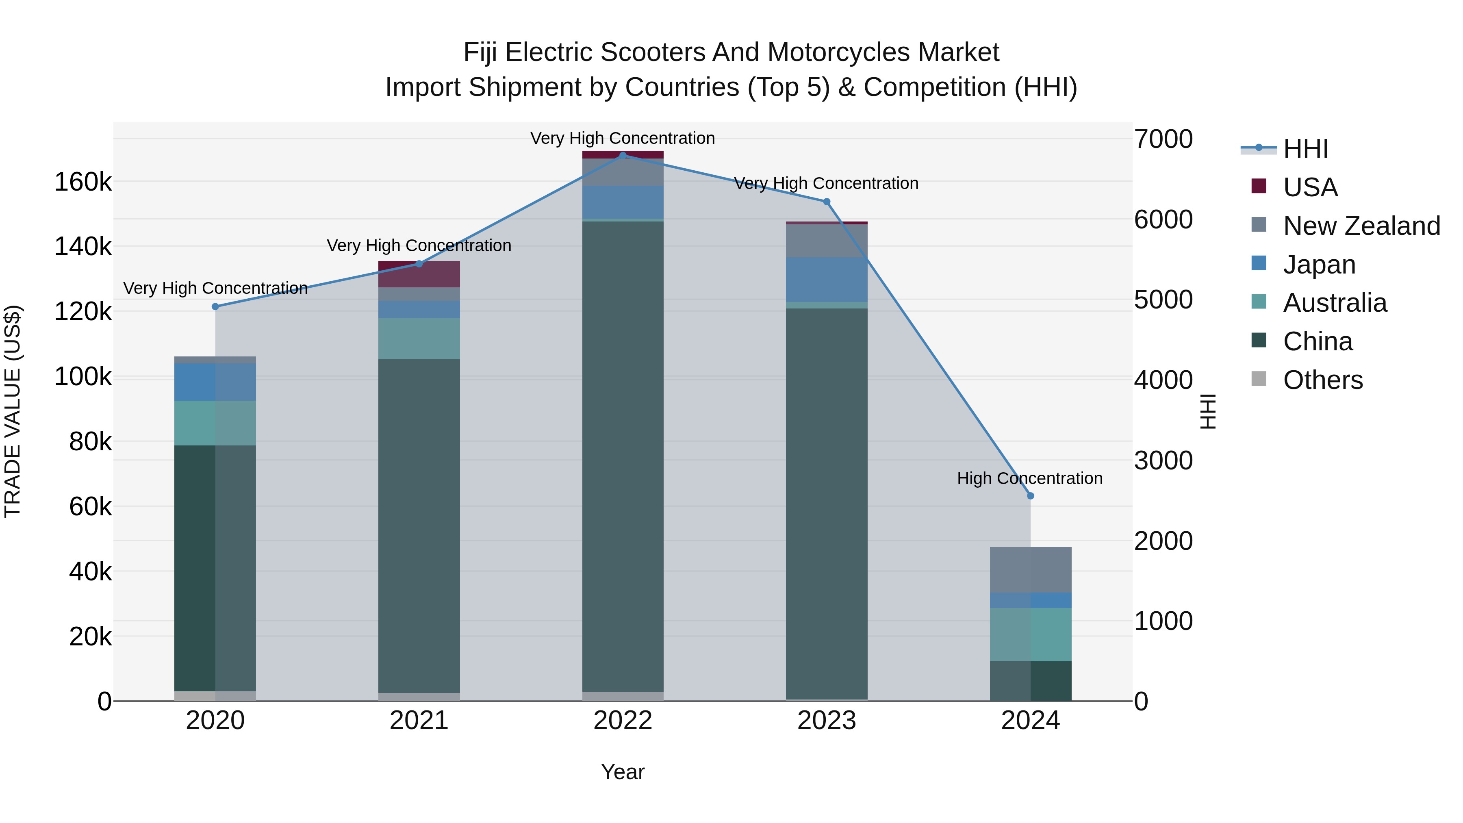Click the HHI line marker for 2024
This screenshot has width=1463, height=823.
tap(1030, 496)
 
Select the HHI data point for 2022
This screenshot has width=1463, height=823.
tap(623, 156)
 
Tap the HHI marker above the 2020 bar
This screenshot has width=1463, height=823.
tap(215, 307)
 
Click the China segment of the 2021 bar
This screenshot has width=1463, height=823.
tap(419, 526)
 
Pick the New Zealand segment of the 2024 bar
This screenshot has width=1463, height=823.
tap(1030, 570)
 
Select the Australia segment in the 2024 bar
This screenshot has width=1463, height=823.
tap(1030, 634)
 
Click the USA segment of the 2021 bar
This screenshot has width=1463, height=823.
tap(419, 274)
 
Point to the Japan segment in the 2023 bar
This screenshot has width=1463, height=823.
tap(826, 280)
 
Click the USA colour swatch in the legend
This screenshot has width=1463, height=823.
tap(1259, 186)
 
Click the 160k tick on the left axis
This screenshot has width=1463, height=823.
tap(83, 182)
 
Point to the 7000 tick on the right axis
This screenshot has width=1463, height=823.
tap(1163, 139)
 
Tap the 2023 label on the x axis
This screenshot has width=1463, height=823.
tap(826, 721)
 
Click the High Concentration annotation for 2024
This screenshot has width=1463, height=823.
tap(1029, 478)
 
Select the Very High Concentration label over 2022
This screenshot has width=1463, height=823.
tap(623, 138)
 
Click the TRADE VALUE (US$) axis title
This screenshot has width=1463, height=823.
tap(13, 411)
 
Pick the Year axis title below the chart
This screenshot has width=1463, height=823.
tap(623, 772)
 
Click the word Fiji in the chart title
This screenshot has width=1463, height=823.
tap(480, 52)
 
